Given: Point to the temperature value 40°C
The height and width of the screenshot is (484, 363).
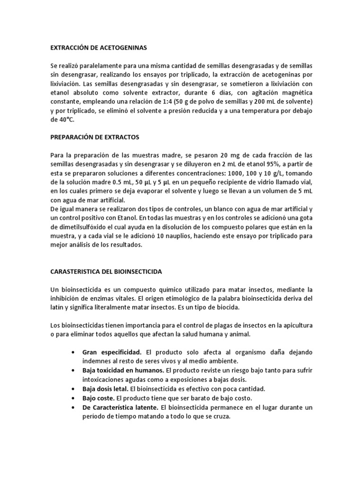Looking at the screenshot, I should [59, 120].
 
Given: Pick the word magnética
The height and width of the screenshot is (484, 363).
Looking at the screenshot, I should [295, 93].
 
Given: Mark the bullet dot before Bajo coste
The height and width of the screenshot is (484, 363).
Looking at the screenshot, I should [71, 398].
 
